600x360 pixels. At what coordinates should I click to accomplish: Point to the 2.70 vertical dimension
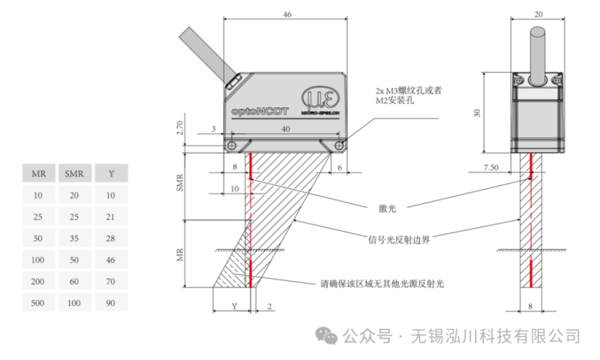click(x=179, y=128)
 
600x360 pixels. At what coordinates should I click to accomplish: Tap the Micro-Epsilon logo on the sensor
click(x=322, y=100)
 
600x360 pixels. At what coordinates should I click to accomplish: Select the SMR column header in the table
click(x=74, y=174)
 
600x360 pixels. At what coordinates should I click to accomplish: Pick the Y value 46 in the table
click(x=111, y=259)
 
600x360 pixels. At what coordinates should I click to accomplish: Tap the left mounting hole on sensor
click(x=233, y=145)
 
